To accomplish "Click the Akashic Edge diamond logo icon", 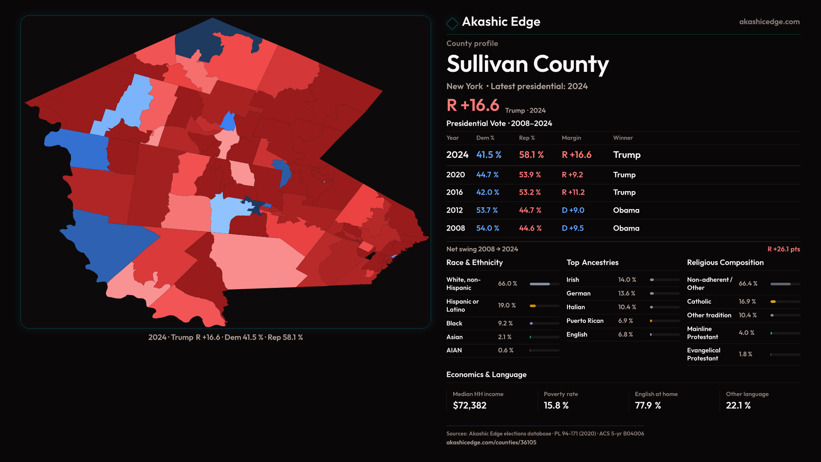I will point(452,23).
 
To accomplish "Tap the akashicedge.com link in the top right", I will point(769,22).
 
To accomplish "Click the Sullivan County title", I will point(527,64).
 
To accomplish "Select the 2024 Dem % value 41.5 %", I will point(489,155).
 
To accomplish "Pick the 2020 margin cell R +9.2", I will point(572,175).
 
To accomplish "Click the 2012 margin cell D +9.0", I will point(573,210).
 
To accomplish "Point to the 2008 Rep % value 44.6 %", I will point(530,228).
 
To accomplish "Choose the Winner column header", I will point(623,138).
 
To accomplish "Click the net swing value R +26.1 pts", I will point(783,249).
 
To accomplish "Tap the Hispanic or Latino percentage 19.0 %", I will point(507,305).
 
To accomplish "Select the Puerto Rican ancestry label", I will point(585,321).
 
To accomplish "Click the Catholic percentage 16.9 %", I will point(747,302).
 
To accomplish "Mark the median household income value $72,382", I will point(470,406).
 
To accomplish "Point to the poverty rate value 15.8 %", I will point(556,406).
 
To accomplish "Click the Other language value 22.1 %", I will point(738,406).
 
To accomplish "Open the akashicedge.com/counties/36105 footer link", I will point(491,442).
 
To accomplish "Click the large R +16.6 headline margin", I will point(473,105).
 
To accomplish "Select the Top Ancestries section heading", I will point(592,263).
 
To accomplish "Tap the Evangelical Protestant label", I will point(703,354).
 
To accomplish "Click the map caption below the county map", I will point(225,338).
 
